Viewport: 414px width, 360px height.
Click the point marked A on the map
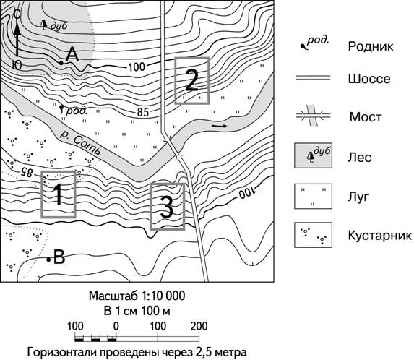pyautogui.click(x=61, y=63)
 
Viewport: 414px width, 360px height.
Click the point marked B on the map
pyautogui.click(x=48, y=260)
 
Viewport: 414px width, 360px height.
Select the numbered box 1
pyautogui.click(x=59, y=194)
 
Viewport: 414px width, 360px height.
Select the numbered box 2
pyautogui.click(x=192, y=80)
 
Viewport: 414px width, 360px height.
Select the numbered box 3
pyautogui.click(x=167, y=206)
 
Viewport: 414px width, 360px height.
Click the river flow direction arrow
pyautogui.click(x=219, y=126)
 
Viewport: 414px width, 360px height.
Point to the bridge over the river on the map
pyautogui.click(x=174, y=149)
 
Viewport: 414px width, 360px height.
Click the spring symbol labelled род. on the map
pyautogui.click(x=62, y=109)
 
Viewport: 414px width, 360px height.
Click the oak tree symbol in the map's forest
pyautogui.click(x=43, y=25)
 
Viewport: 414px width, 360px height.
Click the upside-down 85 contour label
pyautogui.click(x=25, y=172)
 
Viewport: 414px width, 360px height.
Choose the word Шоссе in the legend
pyautogui.click(x=369, y=79)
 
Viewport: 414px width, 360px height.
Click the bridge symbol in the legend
pyautogui.click(x=313, y=116)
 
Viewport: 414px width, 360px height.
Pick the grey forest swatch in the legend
pyautogui.click(x=313, y=156)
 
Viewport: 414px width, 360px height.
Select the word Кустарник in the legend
pyautogui.click(x=379, y=236)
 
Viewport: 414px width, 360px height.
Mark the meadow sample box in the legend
pyautogui.click(x=313, y=196)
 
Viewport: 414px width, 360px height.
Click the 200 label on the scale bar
pyautogui.click(x=199, y=327)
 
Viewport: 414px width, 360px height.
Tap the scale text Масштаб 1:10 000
pyautogui.click(x=137, y=296)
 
